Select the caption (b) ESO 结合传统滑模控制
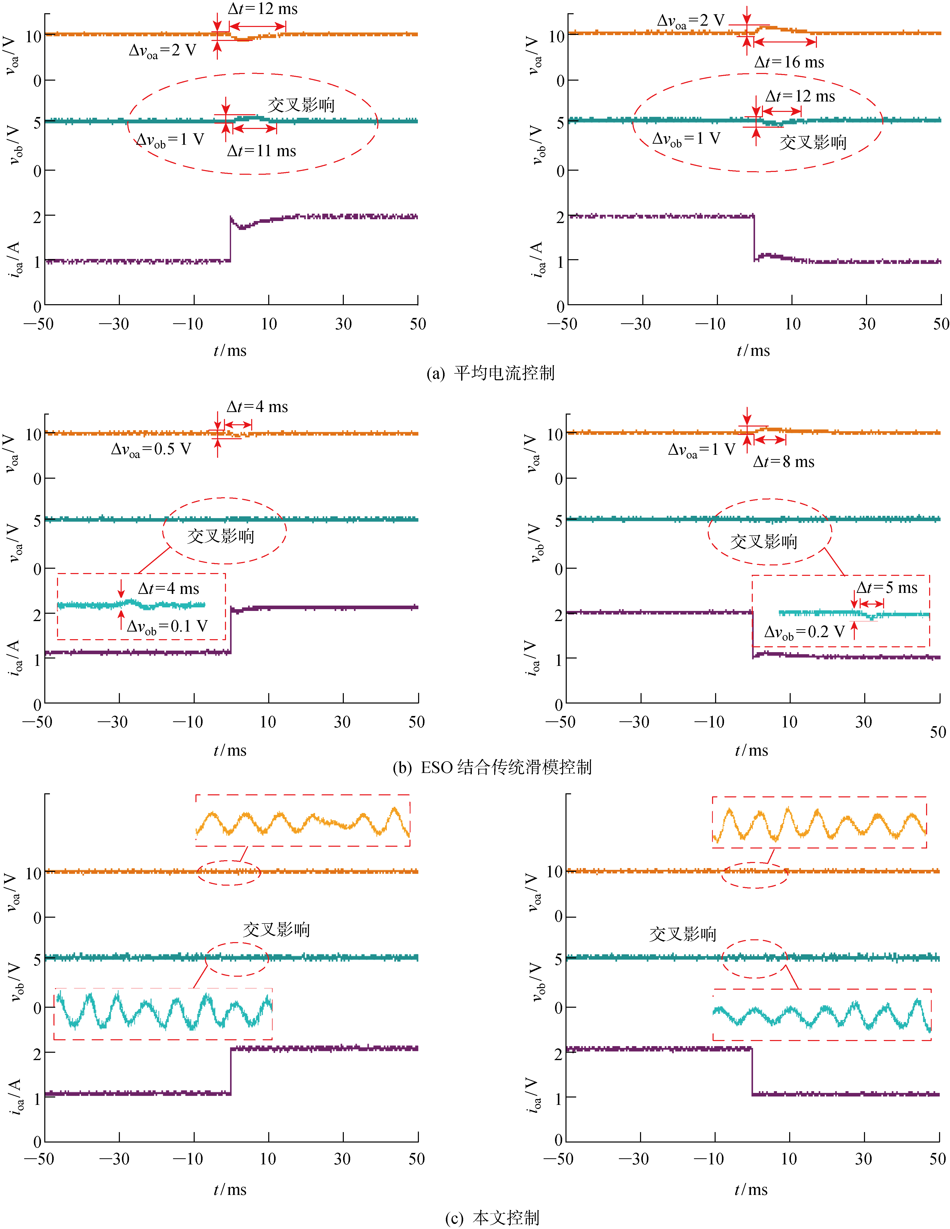pos(492,767)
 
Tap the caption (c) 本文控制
pos(492,1217)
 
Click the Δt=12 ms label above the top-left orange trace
pos(262,9)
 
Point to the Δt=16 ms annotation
pos(789,63)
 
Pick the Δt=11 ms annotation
pos(261,151)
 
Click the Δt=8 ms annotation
pos(784,462)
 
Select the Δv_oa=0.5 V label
pos(151,449)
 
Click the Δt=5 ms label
pos(887,588)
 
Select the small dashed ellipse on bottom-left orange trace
pos(228,873)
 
